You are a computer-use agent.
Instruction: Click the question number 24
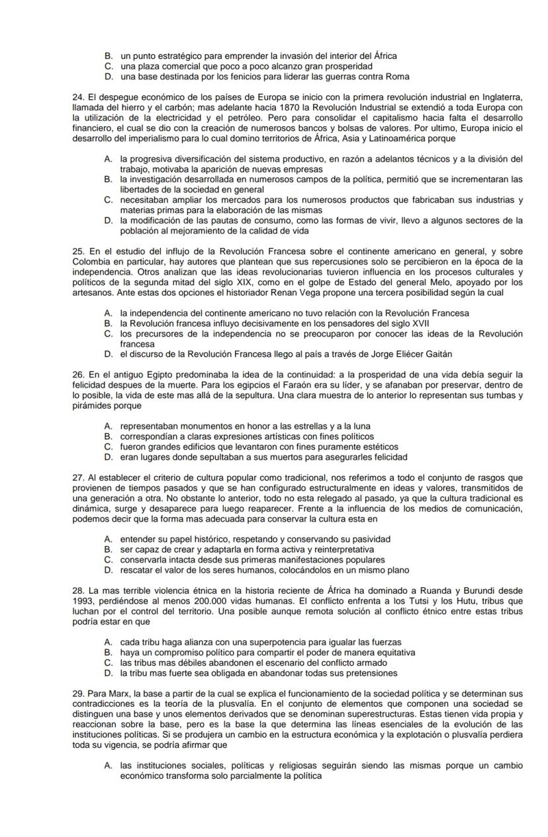(x=78, y=98)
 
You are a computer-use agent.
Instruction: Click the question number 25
(x=78, y=251)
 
